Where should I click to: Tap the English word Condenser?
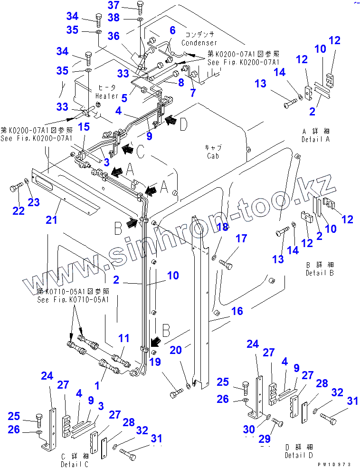click(199, 43)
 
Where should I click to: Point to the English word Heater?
click(109, 95)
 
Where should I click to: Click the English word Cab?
click(212, 156)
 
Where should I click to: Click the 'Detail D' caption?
click(298, 455)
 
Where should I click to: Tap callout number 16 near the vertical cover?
click(237, 311)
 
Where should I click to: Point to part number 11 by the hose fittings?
click(123, 338)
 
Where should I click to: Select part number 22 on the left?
click(18, 211)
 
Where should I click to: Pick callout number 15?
click(84, 127)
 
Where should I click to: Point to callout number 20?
click(176, 350)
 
